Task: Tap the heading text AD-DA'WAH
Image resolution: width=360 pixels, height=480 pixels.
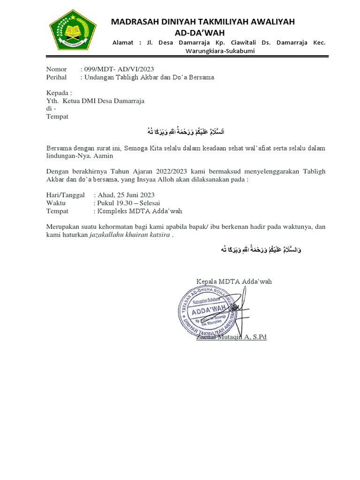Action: [x=200, y=32]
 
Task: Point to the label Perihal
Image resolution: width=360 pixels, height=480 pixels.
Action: [x=56, y=77]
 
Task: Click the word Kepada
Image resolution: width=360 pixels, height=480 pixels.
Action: [x=59, y=93]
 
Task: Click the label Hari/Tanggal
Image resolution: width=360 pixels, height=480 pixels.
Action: [x=65, y=195]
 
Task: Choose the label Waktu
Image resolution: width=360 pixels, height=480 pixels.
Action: [x=56, y=203]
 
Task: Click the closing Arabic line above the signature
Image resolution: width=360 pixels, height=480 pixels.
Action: [x=261, y=250]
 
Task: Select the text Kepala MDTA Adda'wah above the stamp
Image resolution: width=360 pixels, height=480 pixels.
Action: [x=234, y=281]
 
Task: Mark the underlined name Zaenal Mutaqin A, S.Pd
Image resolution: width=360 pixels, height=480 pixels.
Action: [x=232, y=337]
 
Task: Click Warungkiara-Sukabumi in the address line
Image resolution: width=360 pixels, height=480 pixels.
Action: [x=220, y=51]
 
